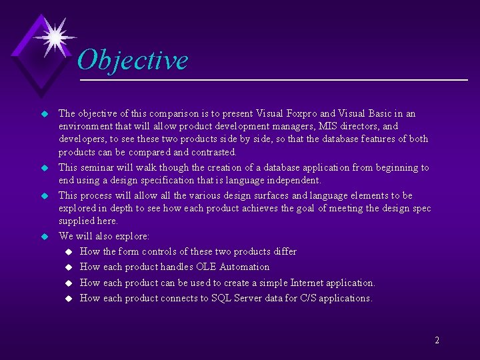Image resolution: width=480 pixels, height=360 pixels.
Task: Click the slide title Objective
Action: coord(133,60)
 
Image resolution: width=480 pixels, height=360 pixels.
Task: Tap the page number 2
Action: coord(437,340)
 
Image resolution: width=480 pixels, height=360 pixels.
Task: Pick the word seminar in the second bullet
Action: coord(98,167)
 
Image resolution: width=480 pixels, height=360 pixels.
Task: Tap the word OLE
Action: coord(205,267)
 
